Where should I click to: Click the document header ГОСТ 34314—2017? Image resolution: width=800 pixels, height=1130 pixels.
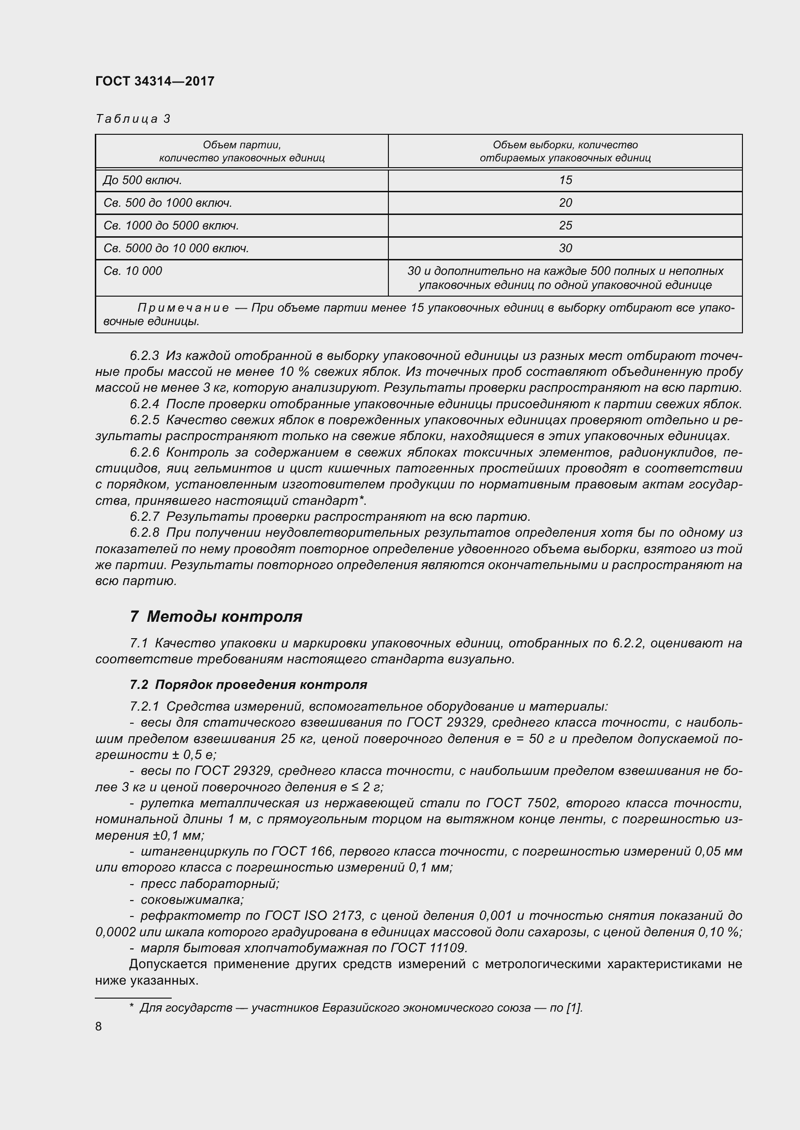coord(155,81)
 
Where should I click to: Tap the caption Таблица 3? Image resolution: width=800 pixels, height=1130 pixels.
coord(133,119)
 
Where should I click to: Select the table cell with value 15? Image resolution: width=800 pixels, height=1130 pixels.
coord(565,180)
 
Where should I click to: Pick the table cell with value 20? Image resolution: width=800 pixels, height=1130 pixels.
coord(565,203)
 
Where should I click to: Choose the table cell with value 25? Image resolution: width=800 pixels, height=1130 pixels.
coord(565,226)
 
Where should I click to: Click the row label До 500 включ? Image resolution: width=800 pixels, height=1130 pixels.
coord(143,180)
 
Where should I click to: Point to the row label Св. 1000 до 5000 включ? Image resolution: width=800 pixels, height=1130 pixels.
coord(171,226)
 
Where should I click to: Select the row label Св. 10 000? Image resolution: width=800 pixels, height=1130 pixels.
coord(133,271)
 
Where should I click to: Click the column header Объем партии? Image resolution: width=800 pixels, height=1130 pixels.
coord(241,145)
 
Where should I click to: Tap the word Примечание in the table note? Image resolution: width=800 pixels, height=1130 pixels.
coord(183,308)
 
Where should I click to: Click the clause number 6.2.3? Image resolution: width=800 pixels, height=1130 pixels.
coord(144,356)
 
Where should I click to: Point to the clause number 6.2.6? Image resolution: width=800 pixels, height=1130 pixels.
coord(144,452)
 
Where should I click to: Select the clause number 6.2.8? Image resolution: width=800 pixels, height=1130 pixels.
coord(144,532)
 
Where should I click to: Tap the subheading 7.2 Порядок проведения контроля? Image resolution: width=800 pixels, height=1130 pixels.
coord(248,685)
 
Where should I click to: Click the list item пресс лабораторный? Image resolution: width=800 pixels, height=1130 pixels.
coord(210,884)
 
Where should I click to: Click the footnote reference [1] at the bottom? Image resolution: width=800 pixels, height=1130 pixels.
coord(575,1008)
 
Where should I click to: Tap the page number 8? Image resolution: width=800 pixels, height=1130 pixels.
coord(99,1027)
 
